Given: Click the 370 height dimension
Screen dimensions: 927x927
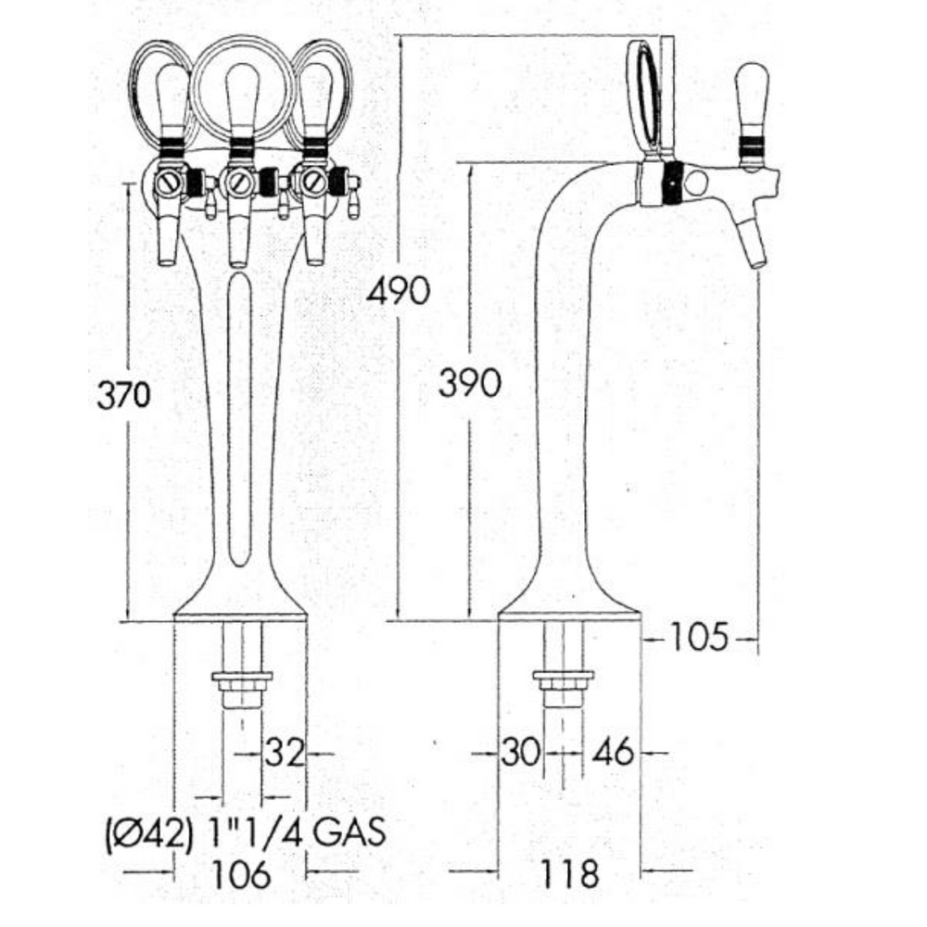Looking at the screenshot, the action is click(123, 394).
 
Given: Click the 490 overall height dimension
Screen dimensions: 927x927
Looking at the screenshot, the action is click(399, 291).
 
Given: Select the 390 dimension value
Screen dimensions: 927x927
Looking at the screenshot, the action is click(470, 383).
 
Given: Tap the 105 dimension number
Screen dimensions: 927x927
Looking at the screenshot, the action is click(698, 638).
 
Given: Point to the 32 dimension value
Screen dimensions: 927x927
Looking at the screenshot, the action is click(285, 753).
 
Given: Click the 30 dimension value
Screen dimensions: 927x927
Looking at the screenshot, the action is click(521, 753).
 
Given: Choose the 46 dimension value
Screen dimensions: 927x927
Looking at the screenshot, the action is click(614, 753).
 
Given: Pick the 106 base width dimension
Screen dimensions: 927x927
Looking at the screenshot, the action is click(241, 873).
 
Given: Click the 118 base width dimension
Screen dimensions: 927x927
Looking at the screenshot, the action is click(570, 873).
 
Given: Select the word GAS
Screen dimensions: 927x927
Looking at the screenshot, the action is click(349, 831).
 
